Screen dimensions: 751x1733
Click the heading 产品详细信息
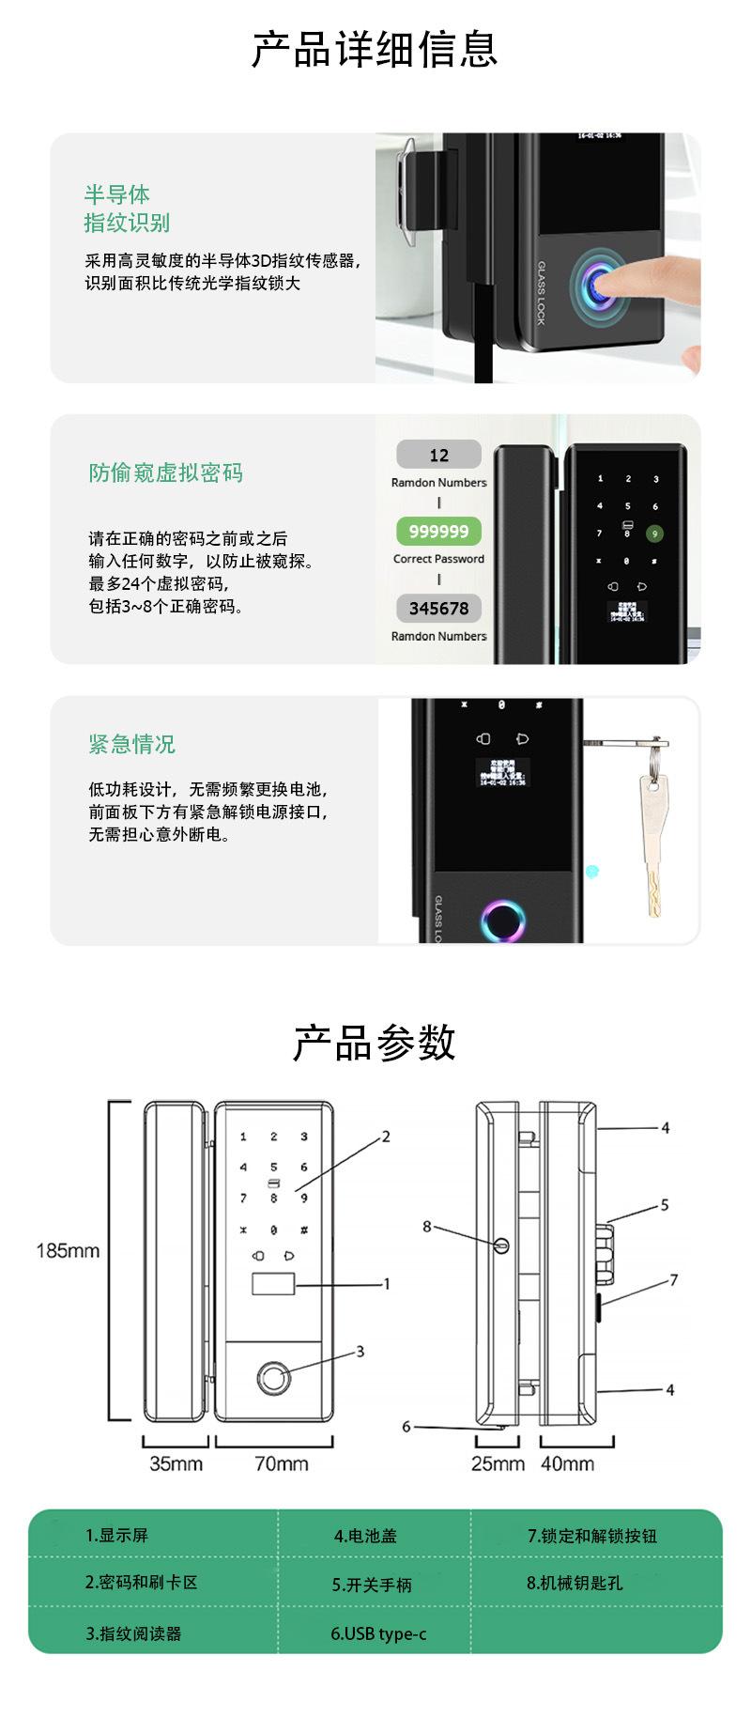click(374, 50)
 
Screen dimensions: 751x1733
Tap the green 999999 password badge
click(438, 532)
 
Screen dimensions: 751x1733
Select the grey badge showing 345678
click(438, 608)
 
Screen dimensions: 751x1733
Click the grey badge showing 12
click(438, 456)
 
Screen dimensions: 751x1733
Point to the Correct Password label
click(438, 559)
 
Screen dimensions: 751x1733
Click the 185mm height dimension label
click(68, 1251)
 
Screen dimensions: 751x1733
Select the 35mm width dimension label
click(176, 1463)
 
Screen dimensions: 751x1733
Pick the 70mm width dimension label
click(281, 1463)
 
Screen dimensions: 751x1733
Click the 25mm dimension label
click(498, 1463)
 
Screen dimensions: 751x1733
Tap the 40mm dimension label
click(567, 1463)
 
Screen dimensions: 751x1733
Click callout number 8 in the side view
click(427, 1227)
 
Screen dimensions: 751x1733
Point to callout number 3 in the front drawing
click(360, 1352)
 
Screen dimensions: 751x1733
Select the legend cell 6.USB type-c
click(378, 1634)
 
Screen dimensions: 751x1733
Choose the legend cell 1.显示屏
click(117, 1536)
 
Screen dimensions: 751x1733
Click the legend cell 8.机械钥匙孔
click(575, 1584)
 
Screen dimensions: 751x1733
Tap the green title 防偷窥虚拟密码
click(165, 472)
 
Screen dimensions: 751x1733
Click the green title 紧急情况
click(131, 745)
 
